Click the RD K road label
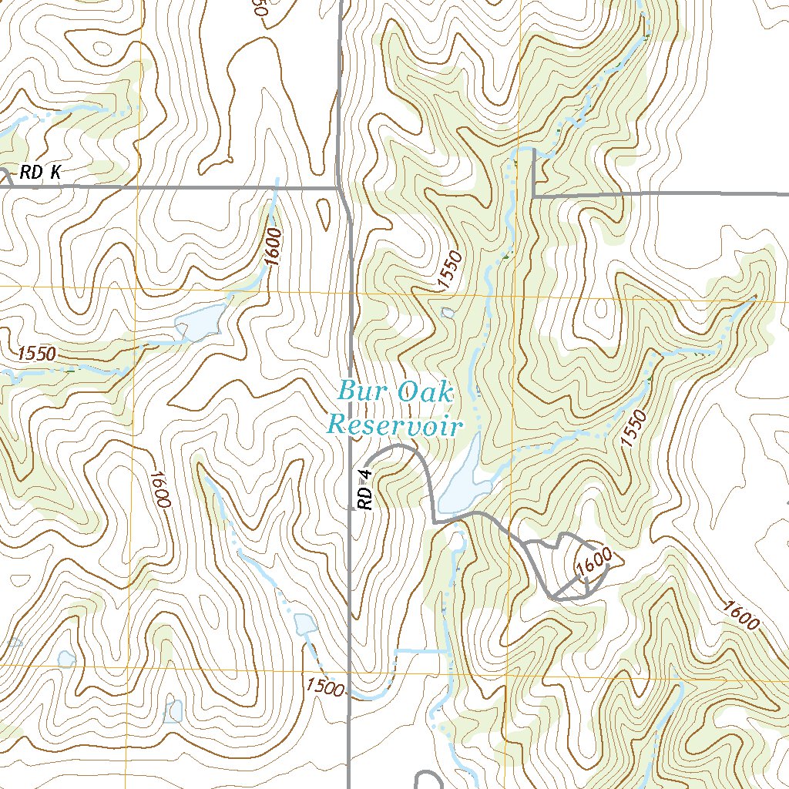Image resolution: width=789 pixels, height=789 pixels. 41,174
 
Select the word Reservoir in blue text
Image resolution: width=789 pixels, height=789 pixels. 394,425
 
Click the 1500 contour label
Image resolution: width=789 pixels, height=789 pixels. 324,686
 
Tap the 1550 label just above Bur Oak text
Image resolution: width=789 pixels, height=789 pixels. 452,271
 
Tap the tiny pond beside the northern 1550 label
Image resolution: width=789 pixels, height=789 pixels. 448,312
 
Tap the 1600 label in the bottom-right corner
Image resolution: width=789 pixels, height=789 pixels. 742,613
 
